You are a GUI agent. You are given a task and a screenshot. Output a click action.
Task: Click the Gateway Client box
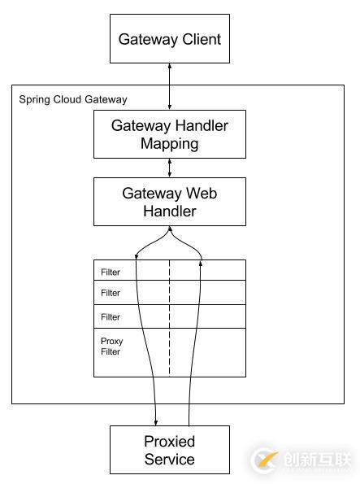click(170, 39)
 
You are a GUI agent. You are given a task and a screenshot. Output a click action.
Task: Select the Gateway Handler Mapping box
click(170, 134)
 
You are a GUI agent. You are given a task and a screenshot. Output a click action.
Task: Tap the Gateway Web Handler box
click(170, 202)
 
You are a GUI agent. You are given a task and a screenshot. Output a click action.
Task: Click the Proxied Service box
click(170, 450)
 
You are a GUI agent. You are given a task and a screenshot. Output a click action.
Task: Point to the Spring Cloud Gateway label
click(73, 99)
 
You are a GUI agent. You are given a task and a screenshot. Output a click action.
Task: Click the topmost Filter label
click(111, 272)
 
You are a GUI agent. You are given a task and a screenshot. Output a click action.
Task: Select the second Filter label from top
click(111, 293)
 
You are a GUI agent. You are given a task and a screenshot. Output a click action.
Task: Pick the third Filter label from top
click(111, 317)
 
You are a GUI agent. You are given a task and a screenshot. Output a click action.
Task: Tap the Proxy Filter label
click(111, 347)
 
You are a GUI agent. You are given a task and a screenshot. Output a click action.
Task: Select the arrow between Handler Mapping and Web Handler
click(170, 168)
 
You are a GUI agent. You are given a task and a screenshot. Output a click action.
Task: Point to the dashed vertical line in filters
click(170, 325)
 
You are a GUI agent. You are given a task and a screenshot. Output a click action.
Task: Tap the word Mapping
click(170, 144)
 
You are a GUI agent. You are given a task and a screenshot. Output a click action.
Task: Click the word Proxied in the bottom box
click(170, 442)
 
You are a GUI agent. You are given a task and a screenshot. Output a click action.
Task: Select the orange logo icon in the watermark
click(265, 460)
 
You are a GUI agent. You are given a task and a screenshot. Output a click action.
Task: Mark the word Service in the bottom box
click(170, 460)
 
